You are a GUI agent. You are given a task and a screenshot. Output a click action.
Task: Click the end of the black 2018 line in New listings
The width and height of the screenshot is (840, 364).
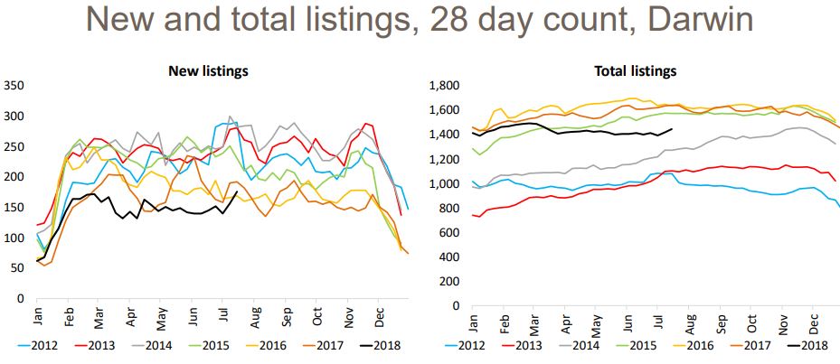click(237, 191)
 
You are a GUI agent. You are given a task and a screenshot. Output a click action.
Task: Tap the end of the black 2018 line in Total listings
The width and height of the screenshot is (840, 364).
click(672, 128)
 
